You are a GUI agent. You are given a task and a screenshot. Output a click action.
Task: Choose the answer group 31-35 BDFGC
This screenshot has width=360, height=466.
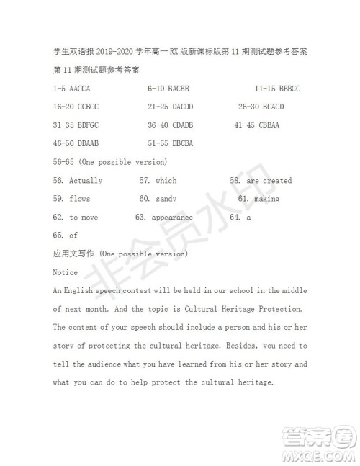tap(76, 125)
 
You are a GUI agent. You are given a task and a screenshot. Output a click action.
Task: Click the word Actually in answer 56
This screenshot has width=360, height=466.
tap(86, 181)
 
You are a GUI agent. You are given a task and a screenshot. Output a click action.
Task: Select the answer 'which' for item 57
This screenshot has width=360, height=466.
tap(166, 181)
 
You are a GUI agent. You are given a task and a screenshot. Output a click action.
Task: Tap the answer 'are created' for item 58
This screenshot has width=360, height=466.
tap(269, 181)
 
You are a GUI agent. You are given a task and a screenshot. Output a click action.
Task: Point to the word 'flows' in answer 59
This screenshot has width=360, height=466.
tap(80, 199)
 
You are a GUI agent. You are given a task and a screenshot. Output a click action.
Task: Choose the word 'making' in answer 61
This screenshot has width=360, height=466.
tap(266, 199)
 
